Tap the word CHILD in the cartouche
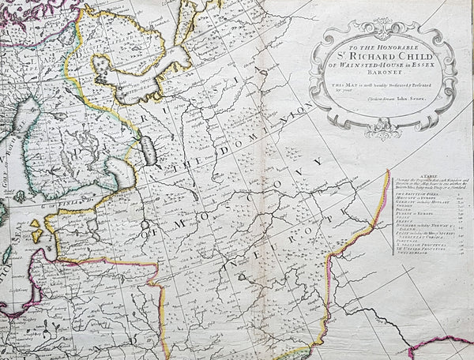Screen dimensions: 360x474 pyautogui.click(x=417, y=56)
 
